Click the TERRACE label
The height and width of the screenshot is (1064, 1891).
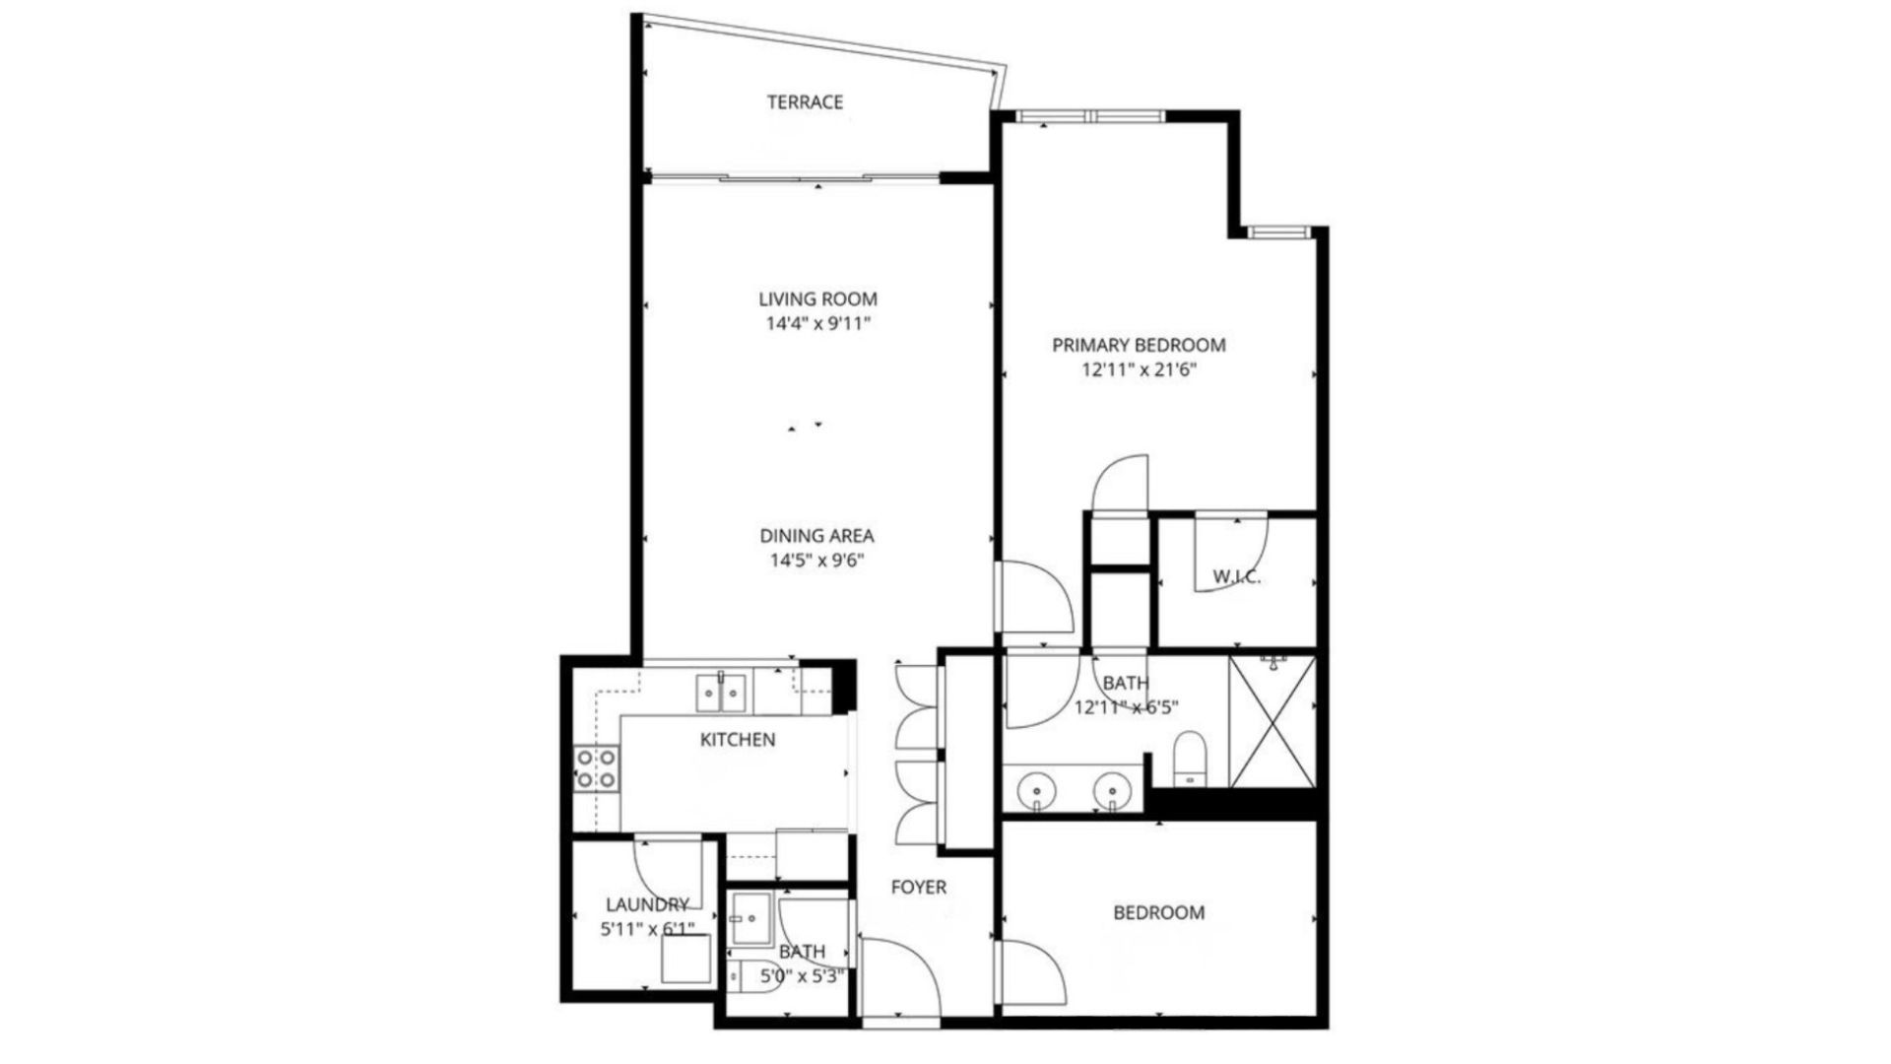805,101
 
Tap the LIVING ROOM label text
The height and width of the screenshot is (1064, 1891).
817,299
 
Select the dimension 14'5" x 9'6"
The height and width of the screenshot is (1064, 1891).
816,561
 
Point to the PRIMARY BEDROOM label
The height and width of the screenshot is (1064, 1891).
1139,345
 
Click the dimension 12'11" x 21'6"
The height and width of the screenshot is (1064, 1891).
1139,370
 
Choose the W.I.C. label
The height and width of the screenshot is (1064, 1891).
1236,577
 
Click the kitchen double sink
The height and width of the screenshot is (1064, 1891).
723,692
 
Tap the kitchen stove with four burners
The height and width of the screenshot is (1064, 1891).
597,768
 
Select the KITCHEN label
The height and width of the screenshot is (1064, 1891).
737,739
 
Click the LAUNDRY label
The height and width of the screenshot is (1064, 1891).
647,903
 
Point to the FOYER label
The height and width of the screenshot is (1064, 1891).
918,887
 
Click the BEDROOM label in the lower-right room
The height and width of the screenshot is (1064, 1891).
1158,912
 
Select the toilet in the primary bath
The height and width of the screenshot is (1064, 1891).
1190,759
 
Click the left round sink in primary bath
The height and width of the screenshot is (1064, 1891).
1037,790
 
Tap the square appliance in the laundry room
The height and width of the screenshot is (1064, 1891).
685,958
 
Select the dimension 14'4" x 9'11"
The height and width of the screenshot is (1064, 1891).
817,323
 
